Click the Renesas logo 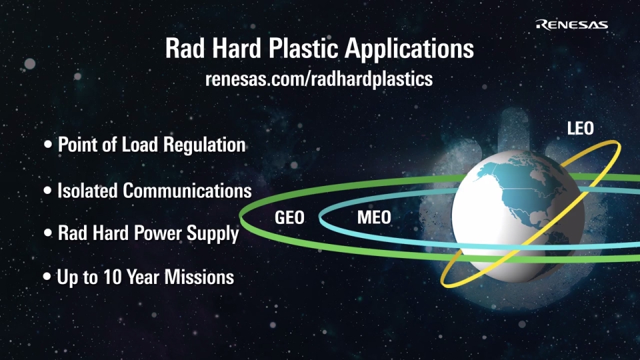(x=571, y=25)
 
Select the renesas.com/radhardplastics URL (x=319, y=79)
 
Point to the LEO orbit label (x=581, y=129)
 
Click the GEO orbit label (x=289, y=217)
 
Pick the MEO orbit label (x=374, y=217)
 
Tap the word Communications (x=187, y=191)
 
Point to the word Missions (x=199, y=277)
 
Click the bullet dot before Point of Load (x=48, y=145)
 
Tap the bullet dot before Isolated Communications (x=48, y=190)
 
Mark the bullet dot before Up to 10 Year (x=47, y=277)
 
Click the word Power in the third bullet (x=158, y=233)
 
